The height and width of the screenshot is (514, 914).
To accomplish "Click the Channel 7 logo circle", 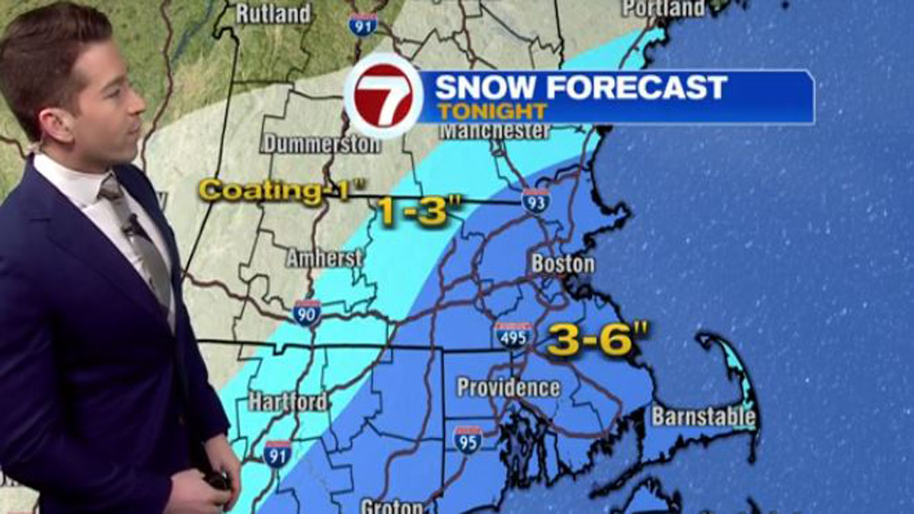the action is [383, 95].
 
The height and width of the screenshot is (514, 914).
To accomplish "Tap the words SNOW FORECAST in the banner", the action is [580, 87].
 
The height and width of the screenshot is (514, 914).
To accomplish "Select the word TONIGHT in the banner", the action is [492, 110].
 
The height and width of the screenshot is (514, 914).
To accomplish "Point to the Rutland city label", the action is [273, 14].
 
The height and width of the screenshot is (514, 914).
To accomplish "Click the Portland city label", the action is [663, 8].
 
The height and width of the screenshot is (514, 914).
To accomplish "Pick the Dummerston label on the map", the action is [321, 143].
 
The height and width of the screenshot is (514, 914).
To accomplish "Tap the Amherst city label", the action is [324, 258].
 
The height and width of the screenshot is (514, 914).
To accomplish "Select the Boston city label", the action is [562, 264].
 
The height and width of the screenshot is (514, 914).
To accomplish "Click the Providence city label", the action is [508, 388].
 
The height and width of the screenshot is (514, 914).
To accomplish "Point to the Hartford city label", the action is [288, 401].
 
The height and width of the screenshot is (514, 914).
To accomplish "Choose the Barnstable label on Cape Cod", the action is [703, 417].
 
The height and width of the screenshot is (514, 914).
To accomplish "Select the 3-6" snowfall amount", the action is [590, 340].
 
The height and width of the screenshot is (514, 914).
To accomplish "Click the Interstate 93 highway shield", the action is [535, 201].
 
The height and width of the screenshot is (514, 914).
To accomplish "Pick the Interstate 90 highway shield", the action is [306, 312].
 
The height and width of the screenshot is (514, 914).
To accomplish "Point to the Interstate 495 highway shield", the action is [513, 335].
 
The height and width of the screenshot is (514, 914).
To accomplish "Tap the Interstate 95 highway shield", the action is [467, 439].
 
